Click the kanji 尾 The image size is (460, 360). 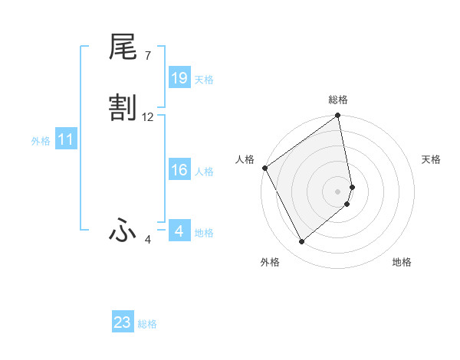pos(123,49)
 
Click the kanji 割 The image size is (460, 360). pos(123,109)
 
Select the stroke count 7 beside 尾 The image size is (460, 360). pos(147,56)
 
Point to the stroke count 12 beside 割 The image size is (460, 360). pos(148,117)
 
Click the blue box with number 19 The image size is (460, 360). pos(179,78)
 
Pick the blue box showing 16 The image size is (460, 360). pos(179,170)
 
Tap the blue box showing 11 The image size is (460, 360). pos(66,140)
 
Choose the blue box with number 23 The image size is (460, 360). pos(123,322)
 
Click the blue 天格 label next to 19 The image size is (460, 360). pos(204,80)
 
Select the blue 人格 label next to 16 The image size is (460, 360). pos(204,172)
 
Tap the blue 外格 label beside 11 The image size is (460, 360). pos(41,141)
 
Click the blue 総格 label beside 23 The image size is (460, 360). pos(147,324)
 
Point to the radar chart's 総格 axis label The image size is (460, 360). pos(338,100)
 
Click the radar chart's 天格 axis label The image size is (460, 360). pos(432,159)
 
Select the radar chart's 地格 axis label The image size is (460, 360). pos(402,262)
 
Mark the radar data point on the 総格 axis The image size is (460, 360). pos(338,117)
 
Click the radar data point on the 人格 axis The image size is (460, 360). pos(264,168)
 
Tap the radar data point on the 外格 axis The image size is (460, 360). pos(301,241)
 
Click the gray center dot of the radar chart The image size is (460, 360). pos(338,191)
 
